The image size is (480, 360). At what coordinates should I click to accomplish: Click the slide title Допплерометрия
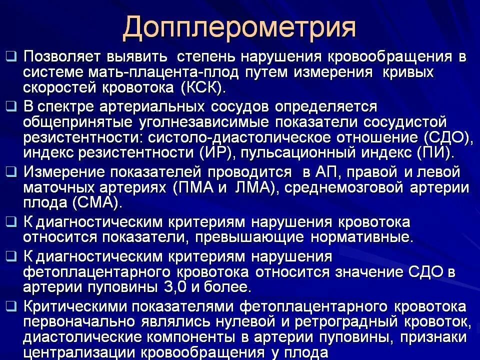click(239, 27)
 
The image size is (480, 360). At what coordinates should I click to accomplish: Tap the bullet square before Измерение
click(10, 171)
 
